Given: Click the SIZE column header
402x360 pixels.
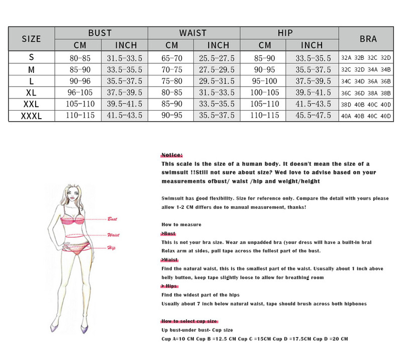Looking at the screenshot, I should (x=31, y=39).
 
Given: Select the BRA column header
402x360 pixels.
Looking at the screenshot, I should (x=368, y=39).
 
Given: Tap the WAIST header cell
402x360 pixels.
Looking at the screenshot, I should (x=193, y=33).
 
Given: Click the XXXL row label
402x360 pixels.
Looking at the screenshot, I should (x=31, y=115).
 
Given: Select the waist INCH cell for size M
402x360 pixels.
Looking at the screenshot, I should (x=218, y=69).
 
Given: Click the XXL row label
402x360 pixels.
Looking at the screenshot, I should (x=31, y=104).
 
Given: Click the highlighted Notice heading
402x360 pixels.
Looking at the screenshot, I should (x=172, y=155).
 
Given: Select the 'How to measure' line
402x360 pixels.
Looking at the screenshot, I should (x=181, y=224).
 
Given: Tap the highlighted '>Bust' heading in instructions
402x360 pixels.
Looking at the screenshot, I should (x=168, y=234).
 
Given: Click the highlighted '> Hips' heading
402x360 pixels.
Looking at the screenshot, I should (x=170, y=286).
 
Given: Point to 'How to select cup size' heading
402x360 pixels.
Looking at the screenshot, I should (x=189, y=321).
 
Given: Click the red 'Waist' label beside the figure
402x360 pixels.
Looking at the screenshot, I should (x=113, y=235).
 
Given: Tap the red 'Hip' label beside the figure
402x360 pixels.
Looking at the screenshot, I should (x=111, y=247).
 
